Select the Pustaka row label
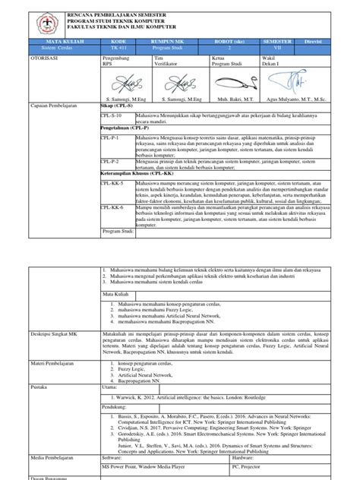(40, 387)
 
